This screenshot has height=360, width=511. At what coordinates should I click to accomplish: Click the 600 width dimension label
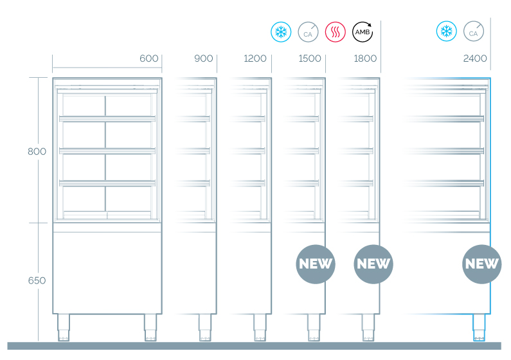pyautogui.click(x=148, y=59)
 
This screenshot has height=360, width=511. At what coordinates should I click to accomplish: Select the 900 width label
pyautogui.click(x=203, y=59)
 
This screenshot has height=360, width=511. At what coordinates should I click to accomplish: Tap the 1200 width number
pyautogui.click(x=255, y=59)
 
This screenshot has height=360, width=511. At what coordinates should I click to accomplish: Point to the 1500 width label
pyautogui.click(x=310, y=59)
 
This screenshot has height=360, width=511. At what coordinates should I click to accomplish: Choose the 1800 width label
pyautogui.click(x=365, y=59)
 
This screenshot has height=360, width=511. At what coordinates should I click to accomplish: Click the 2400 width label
pyautogui.click(x=475, y=59)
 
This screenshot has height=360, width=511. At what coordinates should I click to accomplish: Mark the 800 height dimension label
pyautogui.click(x=37, y=152)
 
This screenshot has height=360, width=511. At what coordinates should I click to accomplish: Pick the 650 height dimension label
pyautogui.click(x=37, y=281)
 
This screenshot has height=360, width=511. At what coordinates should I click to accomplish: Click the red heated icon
pyautogui.click(x=335, y=31)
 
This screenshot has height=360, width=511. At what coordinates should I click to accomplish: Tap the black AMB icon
pyautogui.click(x=362, y=31)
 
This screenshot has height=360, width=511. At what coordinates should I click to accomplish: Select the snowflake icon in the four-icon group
pyautogui.click(x=280, y=31)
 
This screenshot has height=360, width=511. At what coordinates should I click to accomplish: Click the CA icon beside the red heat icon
pyautogui.click(x=307, y=31)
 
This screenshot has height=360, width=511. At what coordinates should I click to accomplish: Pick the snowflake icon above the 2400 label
pyautogui.click(x=446, y=31)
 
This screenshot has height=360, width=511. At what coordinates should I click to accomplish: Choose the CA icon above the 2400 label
pyautogui.click(x=473, y=31)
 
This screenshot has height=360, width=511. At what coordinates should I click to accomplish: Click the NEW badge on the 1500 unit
pyautogui.click(x=316, y=264)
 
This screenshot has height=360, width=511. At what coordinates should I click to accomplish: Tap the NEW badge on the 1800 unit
pyautogui.click(x=373, y=264)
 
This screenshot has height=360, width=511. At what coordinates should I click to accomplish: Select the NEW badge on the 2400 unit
pyautogui.click(x=482, y=264)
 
